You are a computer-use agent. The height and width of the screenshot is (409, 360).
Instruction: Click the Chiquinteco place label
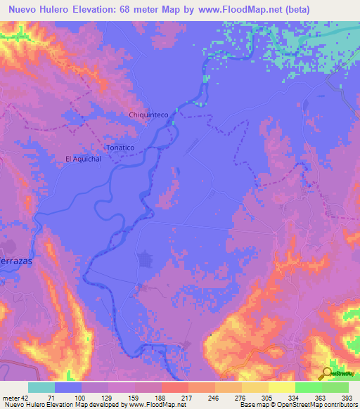pos(146,115)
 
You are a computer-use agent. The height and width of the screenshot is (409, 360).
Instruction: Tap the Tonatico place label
pos(119,148)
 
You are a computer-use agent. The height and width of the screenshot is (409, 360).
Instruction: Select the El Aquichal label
pos(84,159)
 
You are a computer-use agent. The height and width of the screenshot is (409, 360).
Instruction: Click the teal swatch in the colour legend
pos(41,387)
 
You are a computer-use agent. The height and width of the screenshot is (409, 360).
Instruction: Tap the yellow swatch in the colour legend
pos(282,387)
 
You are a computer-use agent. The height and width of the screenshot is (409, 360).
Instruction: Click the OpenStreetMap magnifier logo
pos(327,372)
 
